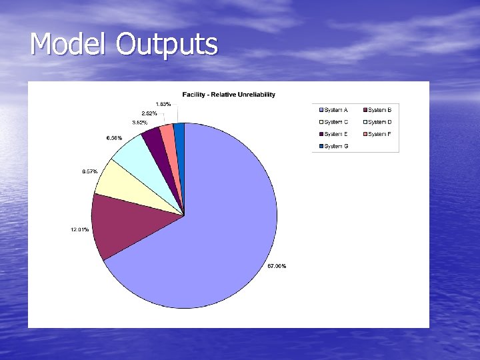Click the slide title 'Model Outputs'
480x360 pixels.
(124, 45)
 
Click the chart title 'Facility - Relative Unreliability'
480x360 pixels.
(229, 94)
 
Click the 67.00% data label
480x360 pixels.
(277, 266)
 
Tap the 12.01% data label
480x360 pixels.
(79, 230)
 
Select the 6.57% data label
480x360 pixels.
(90, 171)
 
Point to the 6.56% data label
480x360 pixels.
(114, 138)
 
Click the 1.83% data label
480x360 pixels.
(163, 104)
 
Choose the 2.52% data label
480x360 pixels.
(149, 113)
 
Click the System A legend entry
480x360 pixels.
(336, 110)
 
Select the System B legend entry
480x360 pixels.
(379, 110)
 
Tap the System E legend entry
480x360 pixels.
(336, 134)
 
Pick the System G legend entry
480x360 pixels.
(336, 146)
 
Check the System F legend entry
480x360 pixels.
(379, 134)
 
